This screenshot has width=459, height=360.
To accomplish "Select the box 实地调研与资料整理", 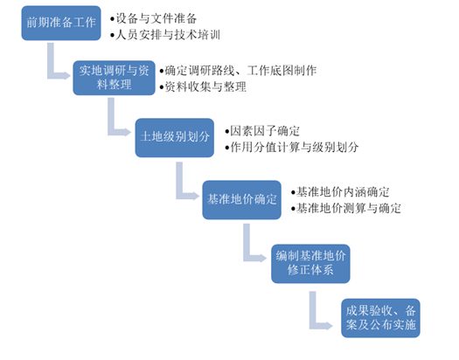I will click(117, 77).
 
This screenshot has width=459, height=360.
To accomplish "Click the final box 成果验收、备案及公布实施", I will click(379, 319).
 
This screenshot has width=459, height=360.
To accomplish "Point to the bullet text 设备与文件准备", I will click(157, 18).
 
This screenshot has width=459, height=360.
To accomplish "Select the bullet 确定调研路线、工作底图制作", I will click(240, 69).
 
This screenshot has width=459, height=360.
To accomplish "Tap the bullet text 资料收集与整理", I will click(205, 87).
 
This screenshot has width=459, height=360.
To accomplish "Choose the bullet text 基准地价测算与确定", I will click(349, 208).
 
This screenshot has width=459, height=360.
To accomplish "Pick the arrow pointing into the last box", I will click(317, 308).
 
